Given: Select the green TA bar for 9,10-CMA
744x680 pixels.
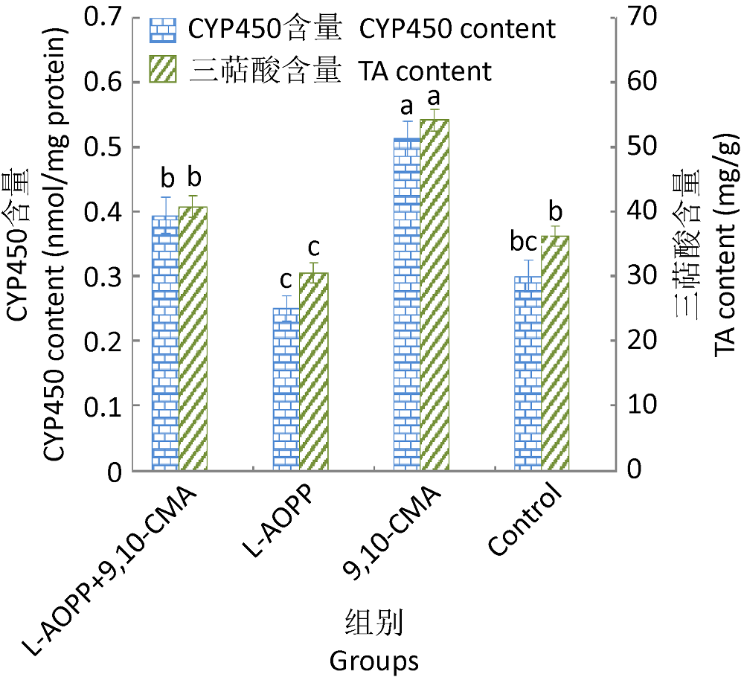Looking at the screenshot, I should tap(434, 295).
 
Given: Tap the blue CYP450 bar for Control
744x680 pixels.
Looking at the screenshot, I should tap(528, 373).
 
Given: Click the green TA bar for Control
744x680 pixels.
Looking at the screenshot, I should tap(555, 353).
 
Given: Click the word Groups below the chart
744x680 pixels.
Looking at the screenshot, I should tap(373, 660).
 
